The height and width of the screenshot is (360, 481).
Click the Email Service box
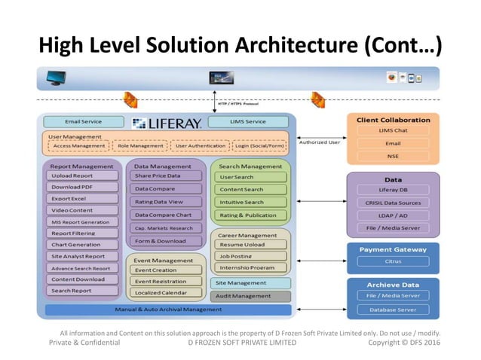tap(83, 121)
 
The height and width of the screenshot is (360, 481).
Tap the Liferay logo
tap(166, 122)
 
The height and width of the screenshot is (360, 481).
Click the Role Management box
tap(140, 146)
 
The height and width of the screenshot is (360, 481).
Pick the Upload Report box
tap(84, 175)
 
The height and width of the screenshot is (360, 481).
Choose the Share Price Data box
tap(166, 175)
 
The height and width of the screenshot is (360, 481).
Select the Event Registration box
tap(166, 281)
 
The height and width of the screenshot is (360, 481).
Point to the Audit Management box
tap(250, 296)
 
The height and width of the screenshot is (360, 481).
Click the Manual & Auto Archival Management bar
tap(167, 310)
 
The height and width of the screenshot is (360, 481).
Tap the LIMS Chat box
tap(393, 130)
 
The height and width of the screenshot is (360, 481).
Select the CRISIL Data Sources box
tap(393, 203)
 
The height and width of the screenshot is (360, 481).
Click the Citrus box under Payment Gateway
tap(393, 262)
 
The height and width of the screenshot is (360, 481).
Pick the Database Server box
tap(393, 308)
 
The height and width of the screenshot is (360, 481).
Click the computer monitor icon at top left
tap(56, 77)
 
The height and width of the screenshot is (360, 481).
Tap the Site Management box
tap(250, 283)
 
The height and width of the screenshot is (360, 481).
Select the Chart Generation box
tap(84, 245)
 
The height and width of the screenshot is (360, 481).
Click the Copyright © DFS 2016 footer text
tap(404, 343)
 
